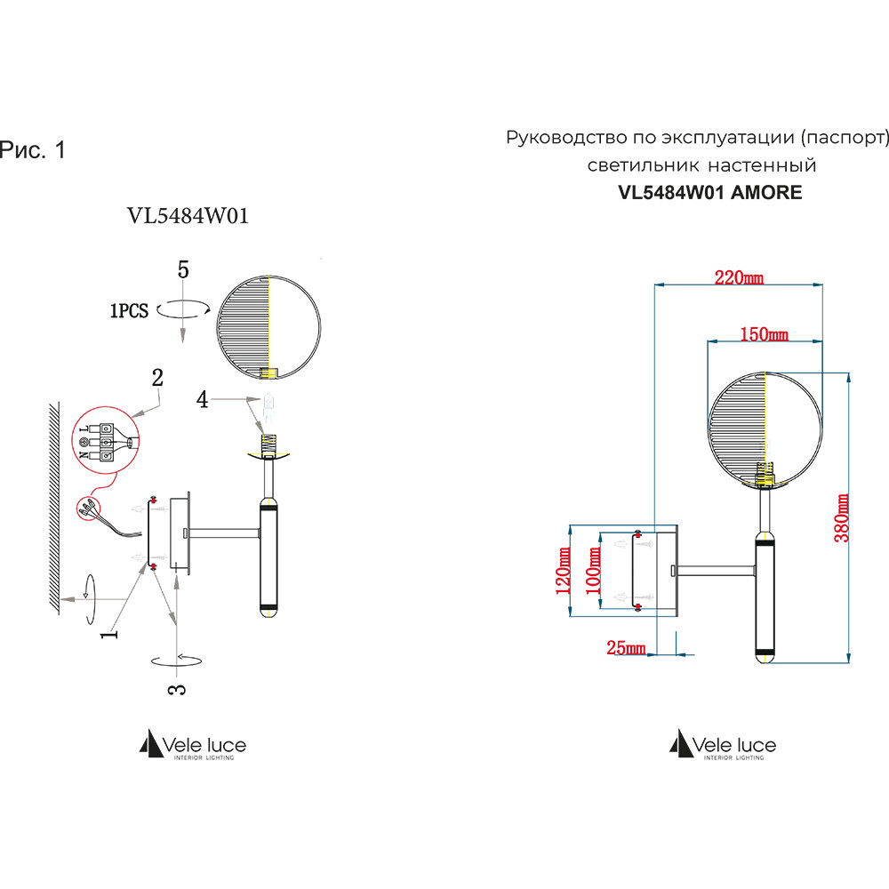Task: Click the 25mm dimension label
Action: tap(625, 648)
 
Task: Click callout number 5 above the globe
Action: tap(183, 270)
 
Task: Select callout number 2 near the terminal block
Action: tap(157, 376)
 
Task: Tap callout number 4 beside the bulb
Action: tap(203, 400)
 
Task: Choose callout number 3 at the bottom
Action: tap(176, 687)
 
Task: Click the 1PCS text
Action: tap(129, 311)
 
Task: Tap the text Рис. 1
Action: tap(33, 150)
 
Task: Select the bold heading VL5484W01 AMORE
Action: tap(709, 192)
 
